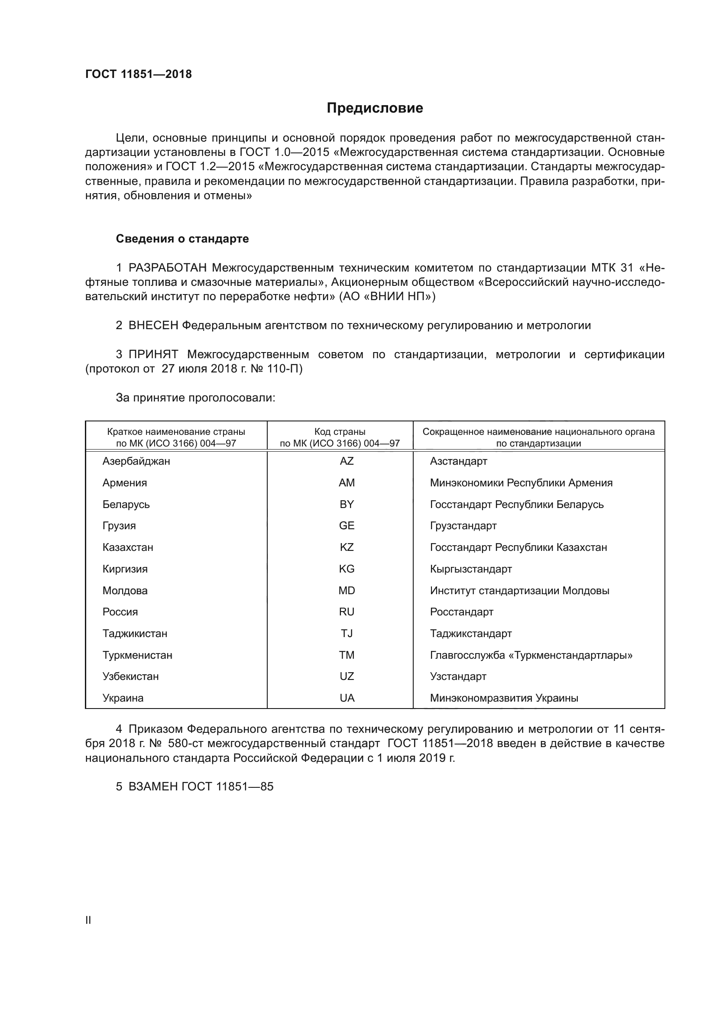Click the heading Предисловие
(375, 108)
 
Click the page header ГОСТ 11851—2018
(139, 74)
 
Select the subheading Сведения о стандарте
(182, 239)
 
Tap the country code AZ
(347, 461)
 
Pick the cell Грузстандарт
(463, 525)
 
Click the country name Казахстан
(128, 547)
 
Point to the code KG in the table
(347, 569)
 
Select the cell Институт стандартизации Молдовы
(519, 590)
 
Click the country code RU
(347, 612)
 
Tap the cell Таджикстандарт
(471, 633)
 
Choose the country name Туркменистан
(137, 655)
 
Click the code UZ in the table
(347, 676)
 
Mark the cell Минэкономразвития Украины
(504, 698)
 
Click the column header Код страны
(340, 432)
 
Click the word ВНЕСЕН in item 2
(153, 326)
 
